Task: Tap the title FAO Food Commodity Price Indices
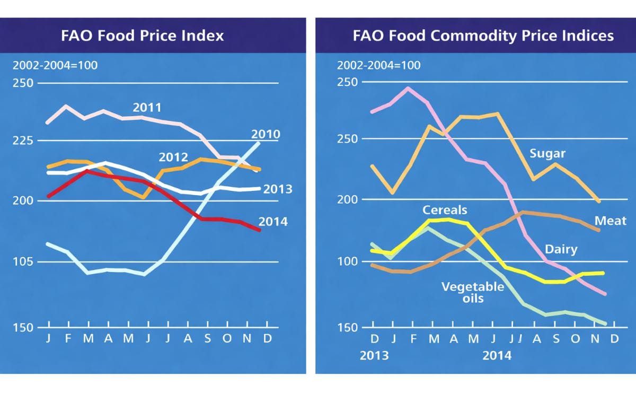(x=483, y=36)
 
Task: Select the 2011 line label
(x=147, y=108)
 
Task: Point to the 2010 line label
(x=266, y=134)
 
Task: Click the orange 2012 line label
(x=173, y=157)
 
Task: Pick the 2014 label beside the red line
(x=273, y=222)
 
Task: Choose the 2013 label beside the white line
(x=278, y=189)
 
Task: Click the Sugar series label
(x=547, y=154)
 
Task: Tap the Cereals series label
(x=445, y=210)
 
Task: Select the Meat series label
(x=611, y=221)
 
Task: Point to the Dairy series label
(x=561, y=249)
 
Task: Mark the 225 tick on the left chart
(x=23, y=141)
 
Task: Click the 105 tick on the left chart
(x=23, y=262)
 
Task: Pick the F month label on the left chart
(x=68, y=338)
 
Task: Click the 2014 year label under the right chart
(x=497, y=355)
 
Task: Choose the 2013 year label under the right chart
(x=374, y=355)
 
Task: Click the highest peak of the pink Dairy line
(x=408, y=89)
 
